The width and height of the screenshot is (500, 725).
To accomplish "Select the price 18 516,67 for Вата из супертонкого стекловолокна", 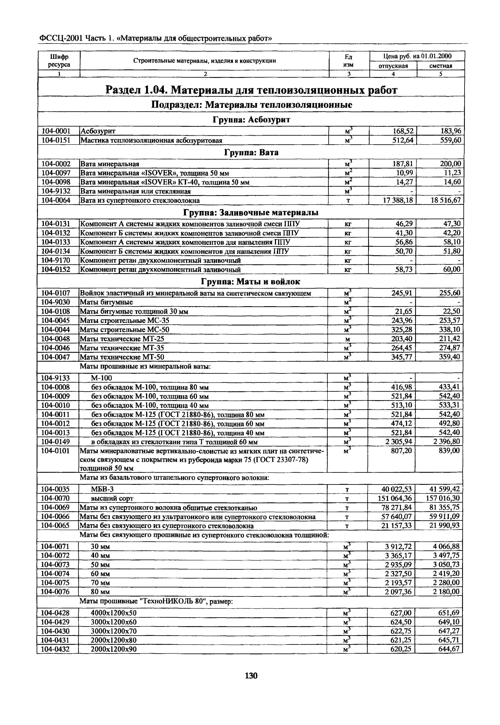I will click(446, 200).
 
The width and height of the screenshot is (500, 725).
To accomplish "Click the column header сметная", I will click(441, 66).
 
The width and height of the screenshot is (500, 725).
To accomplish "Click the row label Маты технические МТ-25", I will click(122, 339).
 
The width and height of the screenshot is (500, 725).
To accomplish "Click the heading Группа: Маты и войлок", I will click(250, 282).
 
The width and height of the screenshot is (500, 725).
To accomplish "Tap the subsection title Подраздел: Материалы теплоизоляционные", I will click(251, 105).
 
